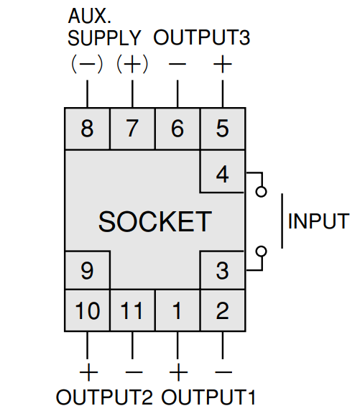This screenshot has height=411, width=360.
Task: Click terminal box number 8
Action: click(87, 129)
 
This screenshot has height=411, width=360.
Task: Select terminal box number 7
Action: click(132, 129)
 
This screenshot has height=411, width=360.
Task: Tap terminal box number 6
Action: click(177, 129)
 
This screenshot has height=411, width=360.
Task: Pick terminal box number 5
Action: click(223, 129)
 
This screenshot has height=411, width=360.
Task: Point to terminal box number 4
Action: click(223, 172)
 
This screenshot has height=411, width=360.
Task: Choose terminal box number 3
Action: click(223, 270)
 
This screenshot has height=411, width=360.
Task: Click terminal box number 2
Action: click(223, 310)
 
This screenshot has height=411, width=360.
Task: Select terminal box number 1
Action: click(177, 310)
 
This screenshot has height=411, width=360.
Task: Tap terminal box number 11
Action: click(132, 310)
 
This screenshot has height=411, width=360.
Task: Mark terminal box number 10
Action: click(87, 310)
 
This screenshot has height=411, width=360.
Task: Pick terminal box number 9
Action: click(87, 270)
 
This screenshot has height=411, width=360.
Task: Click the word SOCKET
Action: click(155, 222)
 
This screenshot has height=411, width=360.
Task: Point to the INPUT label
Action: click(318, 221)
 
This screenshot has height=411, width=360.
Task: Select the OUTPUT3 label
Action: click(202, 37)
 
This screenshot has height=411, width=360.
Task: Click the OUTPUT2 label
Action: click(104, 397)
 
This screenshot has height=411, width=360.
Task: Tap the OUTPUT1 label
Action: click(208, 397)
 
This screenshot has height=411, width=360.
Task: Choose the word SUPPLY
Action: click(104, 38)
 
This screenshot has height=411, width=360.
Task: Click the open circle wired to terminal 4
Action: click(261, 192)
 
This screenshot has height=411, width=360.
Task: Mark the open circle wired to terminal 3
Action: click(261, 251)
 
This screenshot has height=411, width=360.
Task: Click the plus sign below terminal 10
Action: click(88, 372)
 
